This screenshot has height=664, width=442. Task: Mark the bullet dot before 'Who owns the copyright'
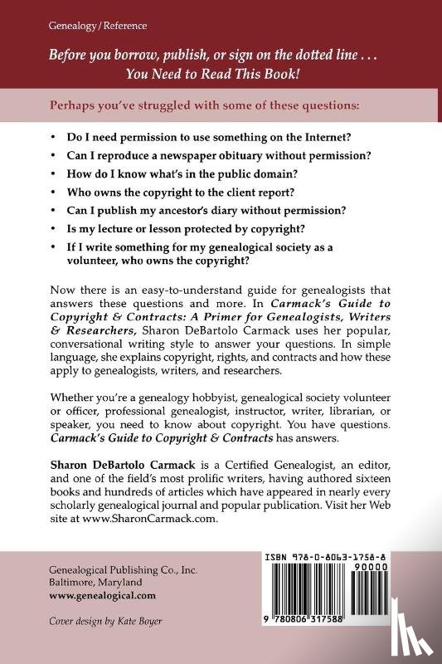(x=54, y=199)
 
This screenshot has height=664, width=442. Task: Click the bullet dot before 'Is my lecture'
(x=54, y=242)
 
